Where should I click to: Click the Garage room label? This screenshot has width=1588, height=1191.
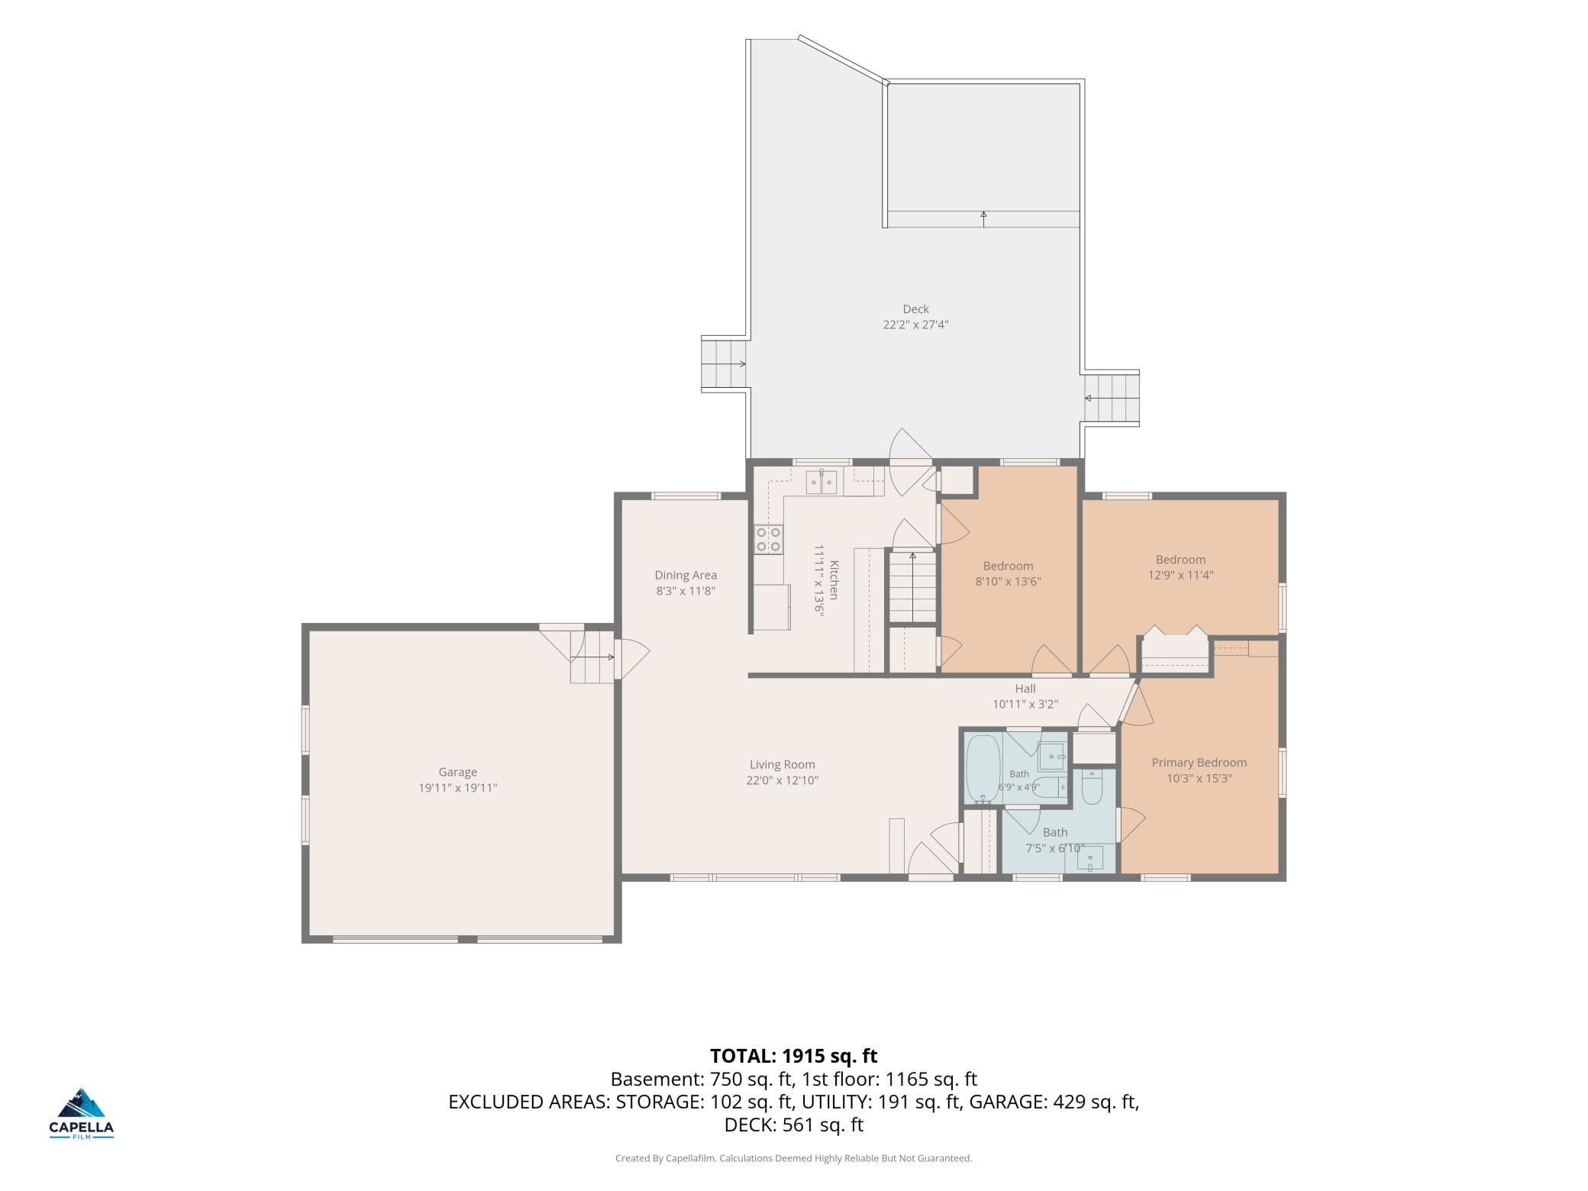pyautogui.click(x=457, y=772)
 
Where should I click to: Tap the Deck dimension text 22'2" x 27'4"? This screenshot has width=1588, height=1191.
pyautogui.click(x=915, y=324)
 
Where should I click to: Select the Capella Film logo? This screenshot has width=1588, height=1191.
pyautogui.click(x=82, y=1113)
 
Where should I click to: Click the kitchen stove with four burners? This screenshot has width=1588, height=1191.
pyautogui.click(x=769, y=539)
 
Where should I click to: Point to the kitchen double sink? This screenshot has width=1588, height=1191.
pyautogui.click(x=821, y=483)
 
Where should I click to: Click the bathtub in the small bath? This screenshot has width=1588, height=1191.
pyautogui.click(x=983, y=768)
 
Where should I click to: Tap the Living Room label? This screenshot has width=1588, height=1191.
pyautogui.click(x=782, y=764)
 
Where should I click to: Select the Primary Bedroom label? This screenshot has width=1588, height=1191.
pyautogui.click(x=1199, y=763)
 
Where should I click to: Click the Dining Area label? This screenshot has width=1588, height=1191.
pyautogui.click(x=686, y=575)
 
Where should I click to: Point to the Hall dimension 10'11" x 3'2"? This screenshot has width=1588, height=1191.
pyautogui.click(x=1025, y=705)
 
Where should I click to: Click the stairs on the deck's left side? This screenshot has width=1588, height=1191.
pyautogui.click(x=724, y=364)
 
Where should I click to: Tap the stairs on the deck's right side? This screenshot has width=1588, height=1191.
pyautogui.click(x=1111, y=399)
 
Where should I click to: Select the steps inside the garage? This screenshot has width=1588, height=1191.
pyautogui.click(x=592, y=657)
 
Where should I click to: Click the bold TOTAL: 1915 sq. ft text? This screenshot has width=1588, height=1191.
pyautogui.click(x=793, y=1056)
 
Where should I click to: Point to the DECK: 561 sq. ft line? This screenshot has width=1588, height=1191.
pyautogui.click(x=793, y=1125)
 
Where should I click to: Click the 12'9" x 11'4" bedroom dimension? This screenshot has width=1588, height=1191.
pyautogui.click(x=1180, y=576)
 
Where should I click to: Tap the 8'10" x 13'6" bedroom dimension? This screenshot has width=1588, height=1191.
pyautogui.click(x=1008, y=582)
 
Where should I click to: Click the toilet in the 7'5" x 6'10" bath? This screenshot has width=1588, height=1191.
pyautogui.click(x=1092, y=787)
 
